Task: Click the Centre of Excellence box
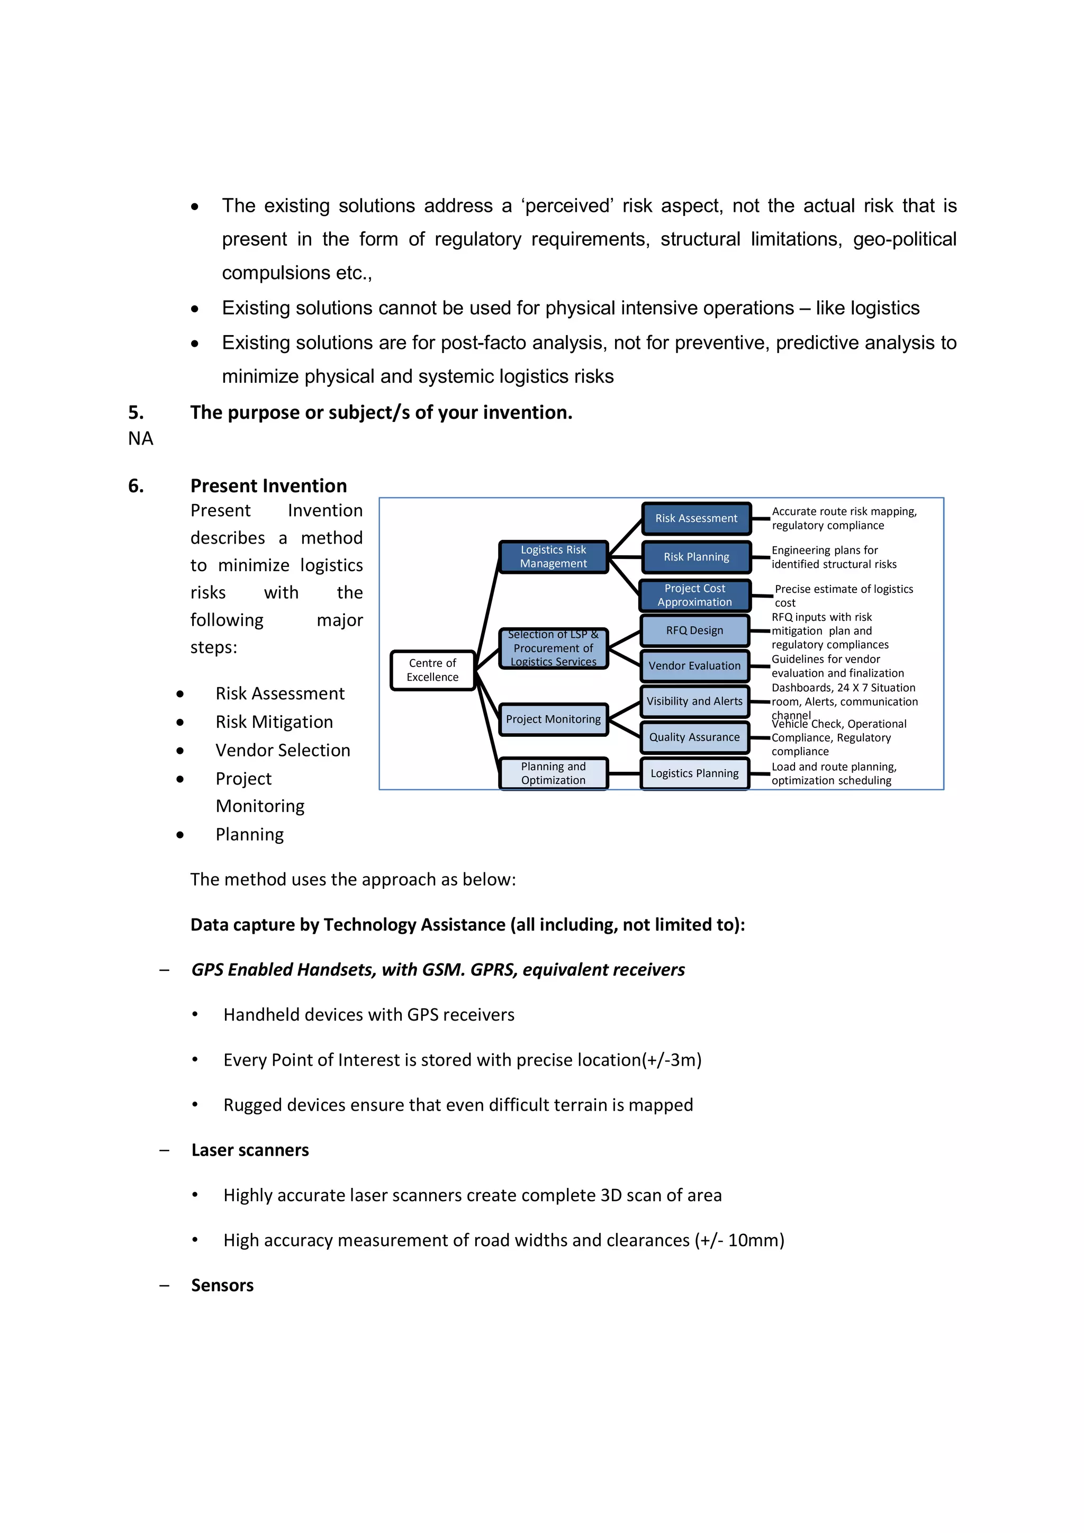(432, 670)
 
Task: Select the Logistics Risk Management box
(553, 556)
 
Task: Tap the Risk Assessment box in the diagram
(696, 518)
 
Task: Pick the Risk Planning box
(696, 557)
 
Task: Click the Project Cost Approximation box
(694, 595)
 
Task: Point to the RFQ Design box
(694, 630)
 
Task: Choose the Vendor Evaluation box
(694, 666)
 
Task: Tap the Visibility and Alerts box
(694, 701)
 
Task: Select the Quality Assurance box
(694, 737)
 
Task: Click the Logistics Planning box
(694, 773)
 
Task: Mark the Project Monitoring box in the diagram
(553, 719)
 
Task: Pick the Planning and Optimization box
(553, 773)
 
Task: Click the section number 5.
(135, 412)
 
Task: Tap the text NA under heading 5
(140, 439)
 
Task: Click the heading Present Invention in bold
(268, 485)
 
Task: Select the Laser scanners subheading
(250, 1150)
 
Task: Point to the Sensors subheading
(222, 1285)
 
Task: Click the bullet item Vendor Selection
(282, 751)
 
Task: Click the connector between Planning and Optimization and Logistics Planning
(624, 773)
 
